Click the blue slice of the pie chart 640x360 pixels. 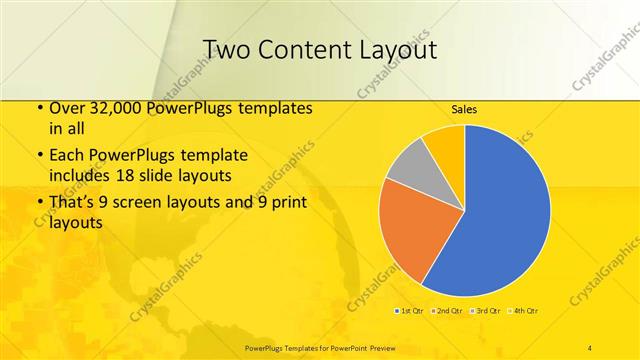click(500, 210)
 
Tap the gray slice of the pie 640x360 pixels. click(407, 165)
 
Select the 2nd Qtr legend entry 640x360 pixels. click(449, 311)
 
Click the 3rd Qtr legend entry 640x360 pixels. click(487, 311)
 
